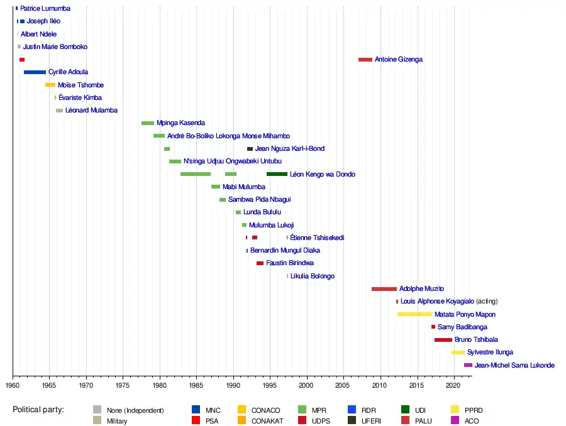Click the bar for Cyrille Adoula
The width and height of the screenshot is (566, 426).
coord(35,72)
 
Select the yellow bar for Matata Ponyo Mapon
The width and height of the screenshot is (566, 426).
coord(414,314)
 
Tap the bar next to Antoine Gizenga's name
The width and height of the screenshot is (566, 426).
coord(365,60)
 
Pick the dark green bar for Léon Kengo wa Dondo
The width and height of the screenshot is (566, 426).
coord(277,174)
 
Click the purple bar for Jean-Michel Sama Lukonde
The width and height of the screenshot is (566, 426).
coord(468,365)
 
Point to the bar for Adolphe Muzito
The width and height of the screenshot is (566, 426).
coord(384,289)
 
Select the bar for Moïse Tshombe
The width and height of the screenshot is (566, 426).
coord(50,85)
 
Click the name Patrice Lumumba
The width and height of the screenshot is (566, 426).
coord(45,9)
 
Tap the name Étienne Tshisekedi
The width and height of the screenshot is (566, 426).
coord(317,238)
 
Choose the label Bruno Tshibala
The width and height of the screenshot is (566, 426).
coord(477,340)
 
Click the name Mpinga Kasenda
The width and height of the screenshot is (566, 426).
coord(180,123)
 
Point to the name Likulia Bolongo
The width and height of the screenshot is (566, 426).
coord(312,276)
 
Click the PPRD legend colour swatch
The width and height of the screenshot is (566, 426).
coord(455,410)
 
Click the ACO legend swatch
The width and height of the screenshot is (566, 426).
coord(455,421)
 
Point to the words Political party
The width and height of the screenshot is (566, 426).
coord(38,410)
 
